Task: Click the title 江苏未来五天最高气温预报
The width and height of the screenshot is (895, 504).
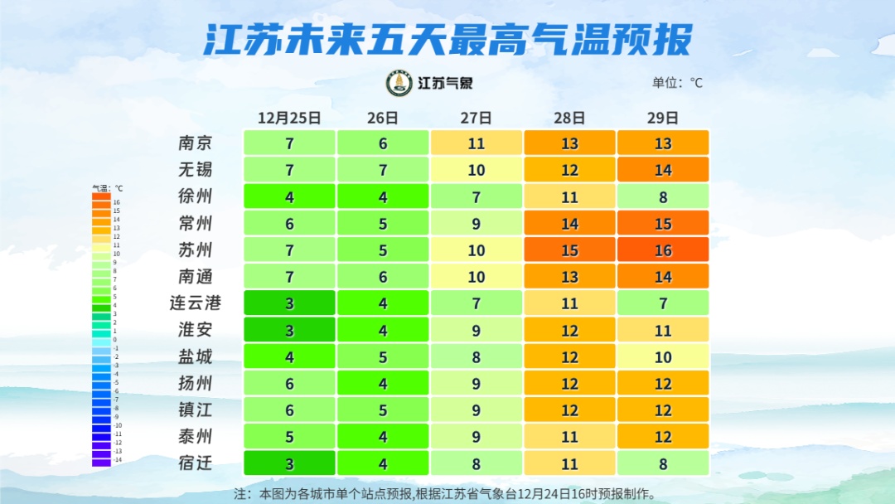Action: click(447, 39)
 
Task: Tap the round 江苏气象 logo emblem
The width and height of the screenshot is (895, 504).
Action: click(399, 83)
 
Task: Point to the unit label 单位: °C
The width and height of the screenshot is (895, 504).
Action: click(677, 83)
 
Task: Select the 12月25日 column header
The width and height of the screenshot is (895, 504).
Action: click(289, 118)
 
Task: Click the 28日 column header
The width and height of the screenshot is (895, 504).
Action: click(569, 118)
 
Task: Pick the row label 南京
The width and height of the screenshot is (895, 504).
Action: click(196, 143)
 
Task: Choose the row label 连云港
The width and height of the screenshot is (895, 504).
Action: click(196, 303)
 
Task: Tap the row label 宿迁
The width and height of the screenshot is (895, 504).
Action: click(196, 463)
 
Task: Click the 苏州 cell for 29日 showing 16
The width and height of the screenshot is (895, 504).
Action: click(663, 250)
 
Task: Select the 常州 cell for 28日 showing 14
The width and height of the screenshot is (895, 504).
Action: click(569, 224)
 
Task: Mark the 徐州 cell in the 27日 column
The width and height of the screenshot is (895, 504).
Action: click(476, 196)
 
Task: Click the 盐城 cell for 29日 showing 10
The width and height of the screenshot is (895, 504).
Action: click(663, 357)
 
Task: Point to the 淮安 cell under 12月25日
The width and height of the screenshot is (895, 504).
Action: click(289, 330)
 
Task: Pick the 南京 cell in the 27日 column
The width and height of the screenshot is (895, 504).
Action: click(476, 143)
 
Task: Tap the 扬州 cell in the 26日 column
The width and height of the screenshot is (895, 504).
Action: click(383, 384)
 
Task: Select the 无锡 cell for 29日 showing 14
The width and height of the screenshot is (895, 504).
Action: click(663, 170)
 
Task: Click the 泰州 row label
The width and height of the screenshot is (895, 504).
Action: click(196, 437)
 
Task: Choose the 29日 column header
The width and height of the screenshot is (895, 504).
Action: click(663, 118)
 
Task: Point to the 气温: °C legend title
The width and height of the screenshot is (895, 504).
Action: click(107, 188)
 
